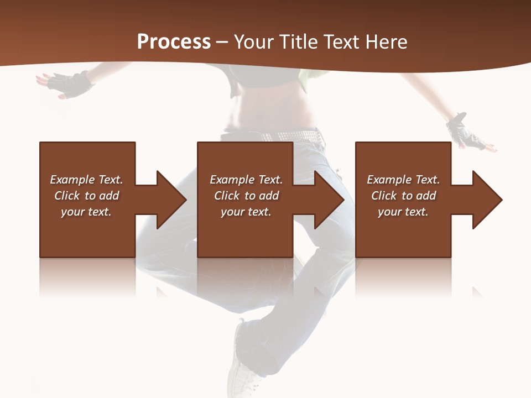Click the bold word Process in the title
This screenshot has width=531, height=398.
pos(174,42)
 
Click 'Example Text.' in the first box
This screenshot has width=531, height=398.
pos(86,180)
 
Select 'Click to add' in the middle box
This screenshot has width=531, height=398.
pos(246,196)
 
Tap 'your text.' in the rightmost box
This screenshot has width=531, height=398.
pos(403,212)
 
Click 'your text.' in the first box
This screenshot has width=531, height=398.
pos(86,212)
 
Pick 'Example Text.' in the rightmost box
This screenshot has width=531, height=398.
pos(403,180)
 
